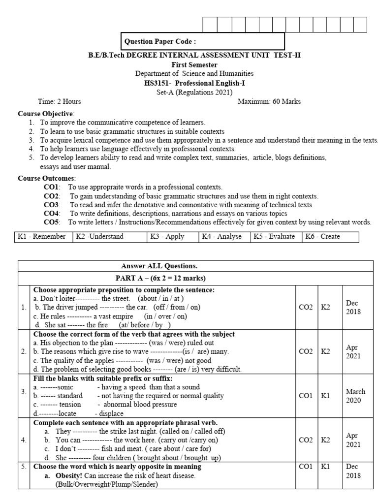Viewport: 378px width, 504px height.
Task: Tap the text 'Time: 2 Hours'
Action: click(x=59, y=101)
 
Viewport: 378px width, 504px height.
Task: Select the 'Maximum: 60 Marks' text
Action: click(x=269, y=101)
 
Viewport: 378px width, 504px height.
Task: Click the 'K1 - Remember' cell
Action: click(x=42, y=237)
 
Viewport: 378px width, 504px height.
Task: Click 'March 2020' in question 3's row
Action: click(x=355, y=396)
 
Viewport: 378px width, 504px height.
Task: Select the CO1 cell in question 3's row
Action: click(x=306, y=396)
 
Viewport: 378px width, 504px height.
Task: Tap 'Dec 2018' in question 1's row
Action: click(x=352, y=308)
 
